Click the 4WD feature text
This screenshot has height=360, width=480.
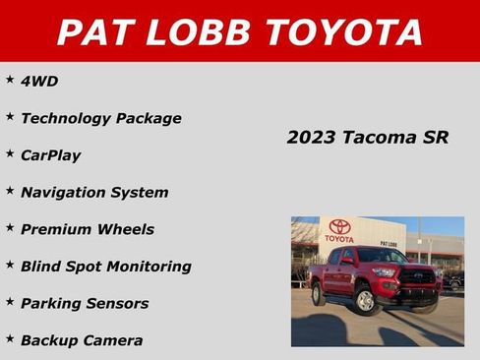point(39,81)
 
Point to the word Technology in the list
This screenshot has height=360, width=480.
point(65,118)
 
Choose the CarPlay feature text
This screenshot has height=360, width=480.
point(50,155)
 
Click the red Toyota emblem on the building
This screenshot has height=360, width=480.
point(339,226)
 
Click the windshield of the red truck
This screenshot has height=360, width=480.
point(381,257)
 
